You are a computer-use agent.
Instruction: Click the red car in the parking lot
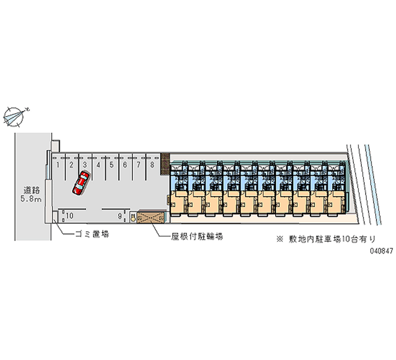[x=81, y=183]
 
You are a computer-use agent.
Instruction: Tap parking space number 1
[x=58, y=165]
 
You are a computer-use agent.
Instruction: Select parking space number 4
[x=99, y=165]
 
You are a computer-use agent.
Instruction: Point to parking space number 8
[x=152, y=165]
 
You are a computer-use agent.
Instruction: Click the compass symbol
[x=14, y=115]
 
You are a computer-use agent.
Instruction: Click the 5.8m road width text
[x=31, y=199]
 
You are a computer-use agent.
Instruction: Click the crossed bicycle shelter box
[x=150, y=217]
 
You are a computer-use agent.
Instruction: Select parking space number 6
[x=125, y=165]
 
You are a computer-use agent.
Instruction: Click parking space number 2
[x=71, y=165]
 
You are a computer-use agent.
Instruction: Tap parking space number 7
[x=139, y=165]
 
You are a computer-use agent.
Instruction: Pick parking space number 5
[x=112, y=165]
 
